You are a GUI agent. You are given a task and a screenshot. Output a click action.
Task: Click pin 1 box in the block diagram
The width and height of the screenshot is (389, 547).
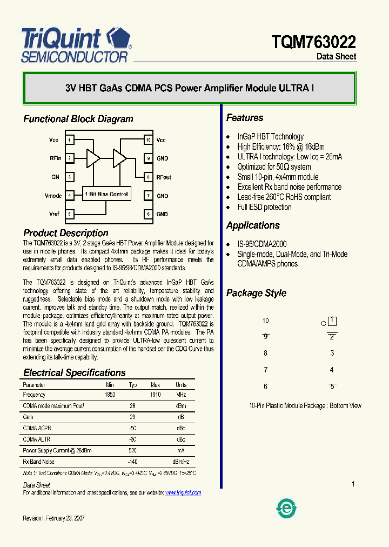(x=69, y=140)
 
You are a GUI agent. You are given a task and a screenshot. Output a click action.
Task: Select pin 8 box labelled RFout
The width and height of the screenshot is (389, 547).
(x=147, y=177)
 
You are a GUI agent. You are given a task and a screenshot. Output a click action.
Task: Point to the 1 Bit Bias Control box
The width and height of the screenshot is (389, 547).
(x=106, y=194)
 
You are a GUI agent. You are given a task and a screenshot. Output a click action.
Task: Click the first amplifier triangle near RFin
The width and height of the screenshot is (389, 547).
(x=93, y=158)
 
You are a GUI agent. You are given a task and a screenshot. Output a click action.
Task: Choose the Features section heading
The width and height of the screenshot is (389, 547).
(x=245, y=118)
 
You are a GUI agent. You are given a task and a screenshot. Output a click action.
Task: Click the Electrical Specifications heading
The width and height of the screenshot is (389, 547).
(x=74, y=372)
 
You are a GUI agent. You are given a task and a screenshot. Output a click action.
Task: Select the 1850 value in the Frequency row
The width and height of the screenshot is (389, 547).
(x=110, y=395)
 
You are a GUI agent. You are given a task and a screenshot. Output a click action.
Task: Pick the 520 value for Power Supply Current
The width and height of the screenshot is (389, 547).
(x=132, y=450)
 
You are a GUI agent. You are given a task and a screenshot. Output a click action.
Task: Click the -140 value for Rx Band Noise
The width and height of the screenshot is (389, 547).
(x=132, y=462)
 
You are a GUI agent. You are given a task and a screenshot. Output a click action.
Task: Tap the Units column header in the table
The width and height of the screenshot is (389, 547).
(x=181, y=385)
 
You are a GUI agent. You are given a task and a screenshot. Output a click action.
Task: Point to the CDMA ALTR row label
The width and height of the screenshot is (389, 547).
(x=37, y=439)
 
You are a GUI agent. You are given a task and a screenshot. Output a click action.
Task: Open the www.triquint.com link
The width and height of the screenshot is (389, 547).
(x=183, y=492)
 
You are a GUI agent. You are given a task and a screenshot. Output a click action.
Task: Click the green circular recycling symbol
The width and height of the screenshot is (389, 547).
(x=286, y=508)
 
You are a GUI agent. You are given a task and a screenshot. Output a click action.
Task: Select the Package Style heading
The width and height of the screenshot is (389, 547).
(x=256, y=293)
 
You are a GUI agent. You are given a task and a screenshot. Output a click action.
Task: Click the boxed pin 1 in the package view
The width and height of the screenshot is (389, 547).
(x=332, y=321)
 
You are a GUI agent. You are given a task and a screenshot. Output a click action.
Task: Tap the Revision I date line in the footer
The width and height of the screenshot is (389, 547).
(x=53, y=518)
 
